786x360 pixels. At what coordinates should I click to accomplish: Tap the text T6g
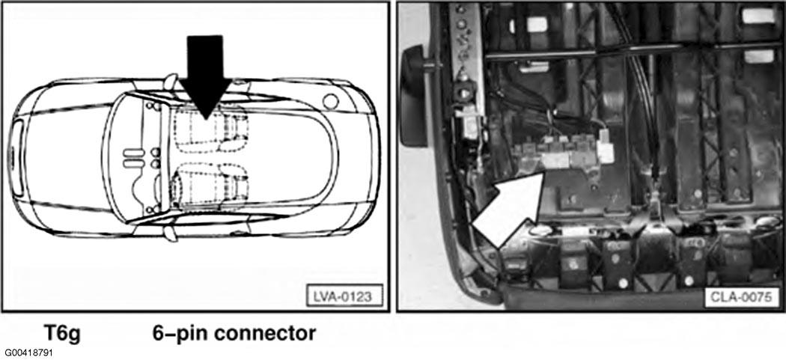pyautogui.click(x=65, y=332)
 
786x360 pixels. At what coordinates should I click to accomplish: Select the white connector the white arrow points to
pyautogui.click(x=555, y=158)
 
